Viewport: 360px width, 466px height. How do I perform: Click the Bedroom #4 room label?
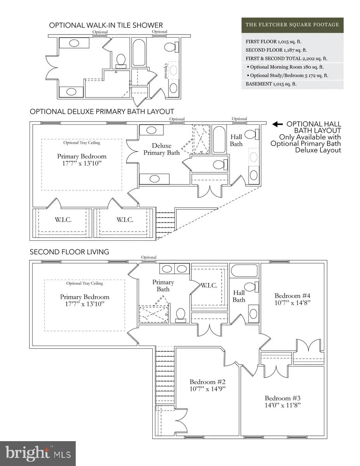pyautogui.click(x=292, y=296)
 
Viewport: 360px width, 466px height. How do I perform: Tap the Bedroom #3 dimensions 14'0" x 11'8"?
pyautogui.click(x=283, y=405)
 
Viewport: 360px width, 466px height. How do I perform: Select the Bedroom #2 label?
pyautogui.click(x=207, y=382)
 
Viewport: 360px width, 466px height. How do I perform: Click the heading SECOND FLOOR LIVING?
pyautogui.click(x=70, y=252)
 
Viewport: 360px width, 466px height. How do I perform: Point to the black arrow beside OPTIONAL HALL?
pyautogui.click(x=277, y=124)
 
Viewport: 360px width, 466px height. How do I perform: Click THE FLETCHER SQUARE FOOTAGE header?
pyautogui.click(x=292, y=25)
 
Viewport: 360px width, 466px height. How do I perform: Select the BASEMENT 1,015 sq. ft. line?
pyautogui.click(x=271, y=84)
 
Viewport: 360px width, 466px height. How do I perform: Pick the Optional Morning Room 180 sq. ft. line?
pyautogui.click(x=285, y=67)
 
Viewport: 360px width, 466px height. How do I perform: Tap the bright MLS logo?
pyautogui.click(x=38, y=453)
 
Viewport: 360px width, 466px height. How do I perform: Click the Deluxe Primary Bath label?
pyautogui.click(x=162, y=149)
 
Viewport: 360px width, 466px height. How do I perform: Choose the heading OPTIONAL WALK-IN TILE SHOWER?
pyautogui.click(x=106, y=25)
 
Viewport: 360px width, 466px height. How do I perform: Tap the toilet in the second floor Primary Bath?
pyautogui.click(x=181, y=315)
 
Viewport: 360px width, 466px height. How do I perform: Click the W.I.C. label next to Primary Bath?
pyautogui.click(x=209, y=285)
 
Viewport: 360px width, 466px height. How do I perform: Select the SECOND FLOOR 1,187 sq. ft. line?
pyautogui.click(x=276, y=50)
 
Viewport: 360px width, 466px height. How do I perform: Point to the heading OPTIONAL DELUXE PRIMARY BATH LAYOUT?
pyautogui.click(x=102, y=111)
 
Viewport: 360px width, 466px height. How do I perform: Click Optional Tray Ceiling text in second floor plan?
pyautogui.click(x=85, y=283)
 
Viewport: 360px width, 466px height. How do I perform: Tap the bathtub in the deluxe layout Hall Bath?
pyautogui.click(x=219, y=139)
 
